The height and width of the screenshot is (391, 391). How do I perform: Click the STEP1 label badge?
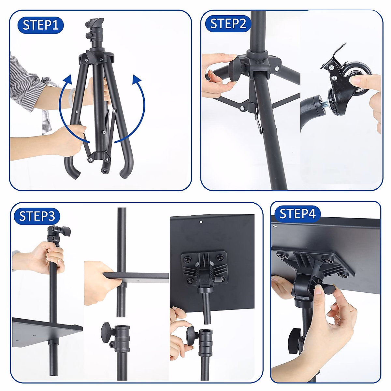pos(40,25)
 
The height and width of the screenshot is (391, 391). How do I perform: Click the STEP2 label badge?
pos(228,24)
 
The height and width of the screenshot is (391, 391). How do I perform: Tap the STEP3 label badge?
pos(37,216)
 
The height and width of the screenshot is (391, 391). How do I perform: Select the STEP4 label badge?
pos(297,214)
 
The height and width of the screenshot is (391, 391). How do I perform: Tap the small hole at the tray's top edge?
pos(201,222)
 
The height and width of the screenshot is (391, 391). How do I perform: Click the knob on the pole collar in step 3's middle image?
pos(107,332)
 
